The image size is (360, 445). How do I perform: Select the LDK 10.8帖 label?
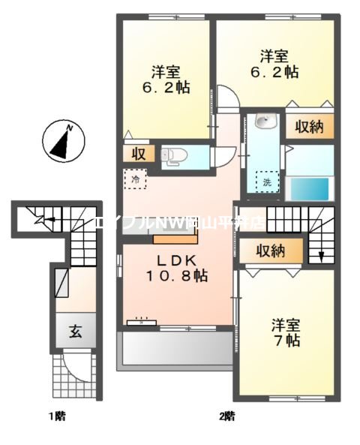[177, 268]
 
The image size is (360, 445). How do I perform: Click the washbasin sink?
[262, 122]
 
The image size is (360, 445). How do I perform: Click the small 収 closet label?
[139, 155]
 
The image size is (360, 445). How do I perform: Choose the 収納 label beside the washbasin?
[308, 127]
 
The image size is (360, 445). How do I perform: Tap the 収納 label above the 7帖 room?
[269, 251]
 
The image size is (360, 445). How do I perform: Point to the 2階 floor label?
[226, 415]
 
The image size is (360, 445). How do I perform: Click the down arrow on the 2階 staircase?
[321, 254]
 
